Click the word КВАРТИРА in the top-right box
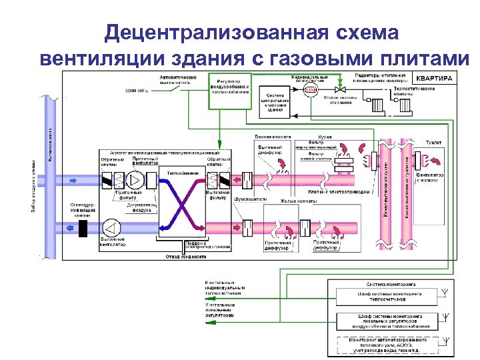[436, 78]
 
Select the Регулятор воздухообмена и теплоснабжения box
[230, 87]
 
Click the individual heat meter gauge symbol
[310, 90]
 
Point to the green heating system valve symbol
[339, 90]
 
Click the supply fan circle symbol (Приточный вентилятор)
[135, 180]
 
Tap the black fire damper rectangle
[83, 227]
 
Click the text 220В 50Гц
[138, 91]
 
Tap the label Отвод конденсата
[181, 257]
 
